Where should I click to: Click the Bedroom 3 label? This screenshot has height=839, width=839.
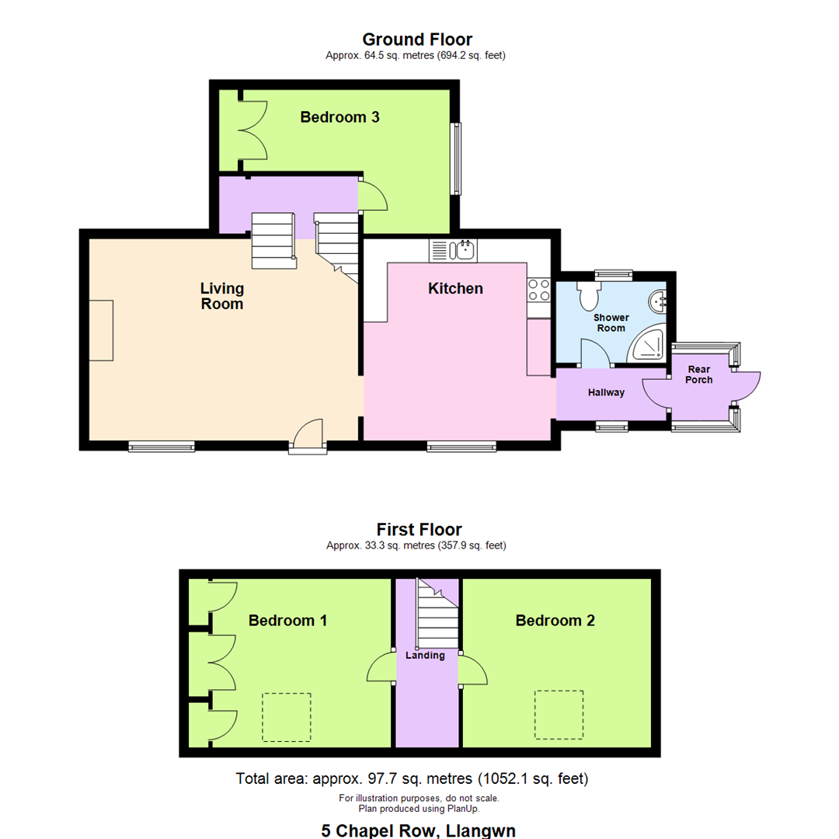[339, 117]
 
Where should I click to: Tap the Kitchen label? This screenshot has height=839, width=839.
[455, 288]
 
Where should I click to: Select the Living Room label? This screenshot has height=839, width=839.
[222, 296]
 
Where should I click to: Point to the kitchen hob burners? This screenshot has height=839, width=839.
[538, 290]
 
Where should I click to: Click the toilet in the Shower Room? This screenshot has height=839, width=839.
[588, 295]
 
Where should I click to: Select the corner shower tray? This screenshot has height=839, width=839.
[648, 345]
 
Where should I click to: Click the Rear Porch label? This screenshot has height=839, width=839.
[698, 374]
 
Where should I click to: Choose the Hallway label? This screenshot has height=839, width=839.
[606, 392]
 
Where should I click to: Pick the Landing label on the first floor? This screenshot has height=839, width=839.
[425, 656]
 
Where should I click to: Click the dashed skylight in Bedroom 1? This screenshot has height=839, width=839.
[286, 716]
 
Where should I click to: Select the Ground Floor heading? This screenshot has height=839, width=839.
[417, 40]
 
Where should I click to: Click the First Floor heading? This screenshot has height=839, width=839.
[419, 530]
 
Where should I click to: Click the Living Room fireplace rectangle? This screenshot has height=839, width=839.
[101, 330]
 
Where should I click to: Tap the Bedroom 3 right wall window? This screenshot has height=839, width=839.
[458, 158]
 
